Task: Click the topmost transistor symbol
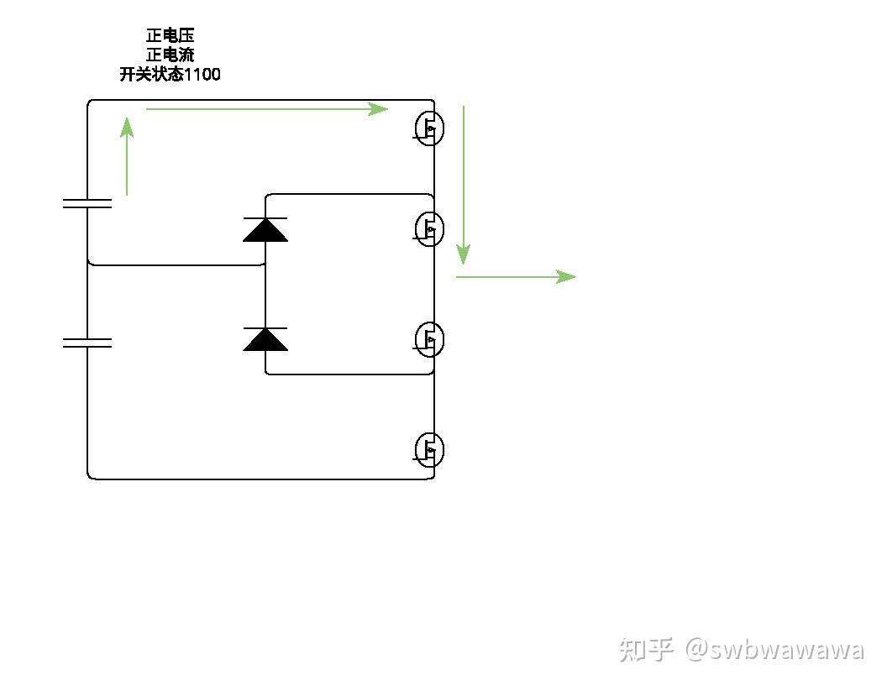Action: click(428, 128)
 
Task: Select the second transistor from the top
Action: click(428, 228)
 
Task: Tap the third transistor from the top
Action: click(428, 338)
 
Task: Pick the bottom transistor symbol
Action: click(428, 450)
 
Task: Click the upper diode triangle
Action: click(265, 229)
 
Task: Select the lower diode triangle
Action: click(265, 339)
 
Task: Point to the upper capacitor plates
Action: click(87, 203)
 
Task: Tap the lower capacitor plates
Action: click(87, 343)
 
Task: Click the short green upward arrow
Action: click(127, 157)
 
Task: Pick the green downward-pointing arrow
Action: click(463, 185)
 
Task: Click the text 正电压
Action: click(171, 36)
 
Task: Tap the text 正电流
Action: click(171, 55)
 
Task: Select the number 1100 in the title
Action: click(202, 75)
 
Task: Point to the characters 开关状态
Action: click(151, 75)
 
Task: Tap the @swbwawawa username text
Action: click(774, 650)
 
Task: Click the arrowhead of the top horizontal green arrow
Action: click(380, 108)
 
